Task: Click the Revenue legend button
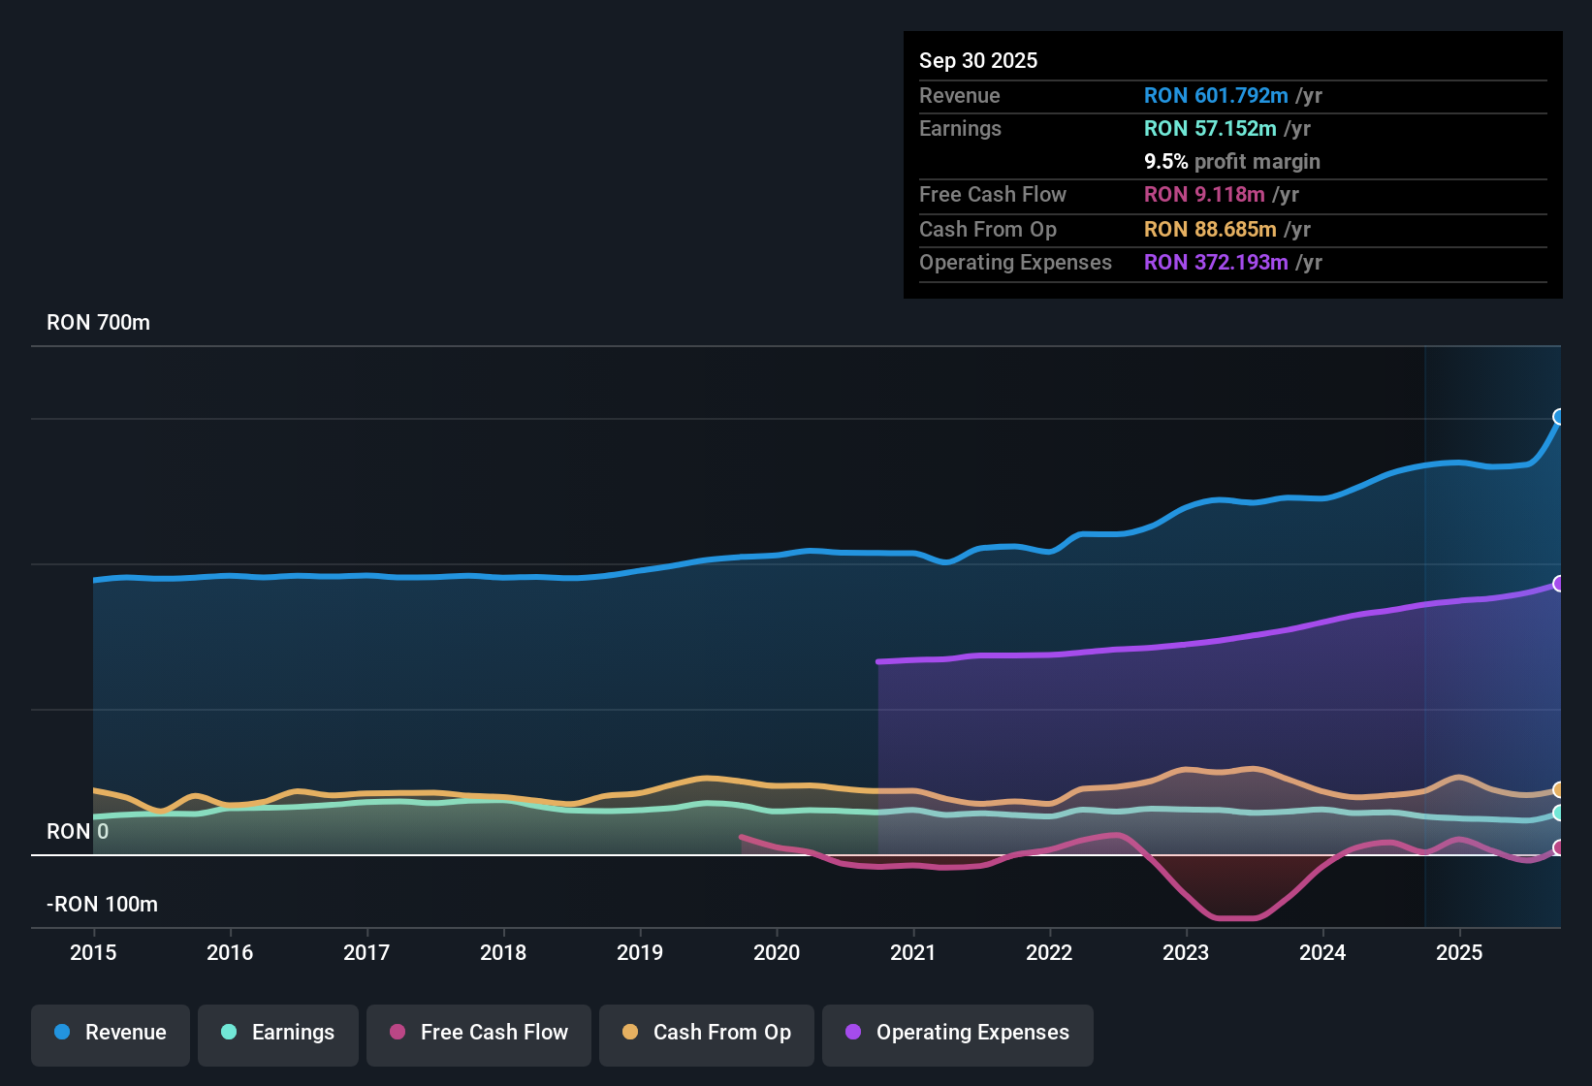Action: click(111, 1033)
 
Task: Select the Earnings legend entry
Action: click(278, 1033)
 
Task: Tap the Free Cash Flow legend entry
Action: click(479, 1033)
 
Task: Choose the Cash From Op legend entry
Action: click(707, 1033)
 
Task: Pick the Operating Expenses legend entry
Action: click(958, 1033)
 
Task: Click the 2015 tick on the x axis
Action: click(93, 952)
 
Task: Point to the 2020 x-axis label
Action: click(777, 952)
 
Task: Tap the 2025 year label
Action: click(1459, 952)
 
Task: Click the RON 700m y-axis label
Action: click(98, 323)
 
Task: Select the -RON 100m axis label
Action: click(102, 905)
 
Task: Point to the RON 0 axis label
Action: click(78, 832)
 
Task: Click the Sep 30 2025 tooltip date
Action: click(978, 61)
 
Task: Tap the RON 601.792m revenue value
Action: click(1216, 96)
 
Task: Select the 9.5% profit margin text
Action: click(1231, 162)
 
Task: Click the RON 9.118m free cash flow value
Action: click(1204, 195)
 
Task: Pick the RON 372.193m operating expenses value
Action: click(1216, 263)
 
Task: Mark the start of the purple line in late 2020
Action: click(878, 662)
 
